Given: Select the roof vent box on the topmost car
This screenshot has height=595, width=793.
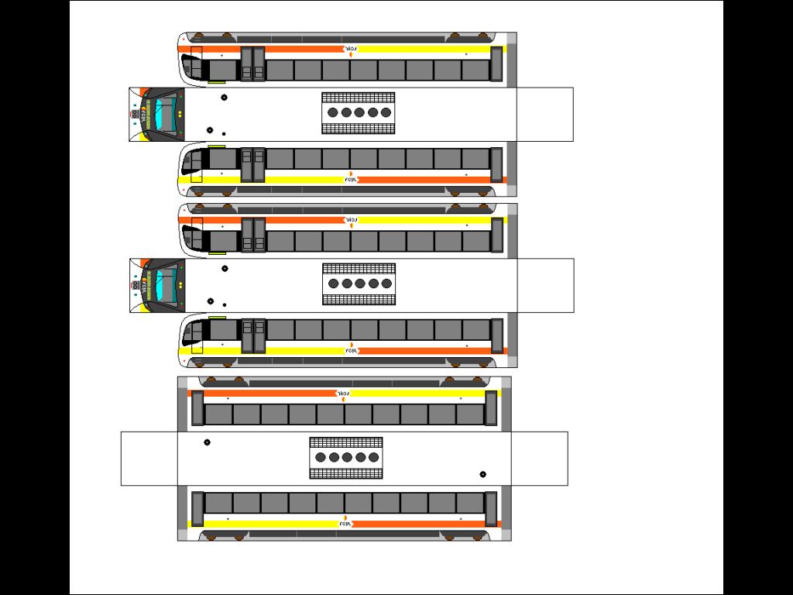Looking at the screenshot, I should coord(358,112).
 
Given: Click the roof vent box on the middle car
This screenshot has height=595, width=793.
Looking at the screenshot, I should coord(359,284).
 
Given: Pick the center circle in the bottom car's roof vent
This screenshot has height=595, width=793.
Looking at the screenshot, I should coord(347,457).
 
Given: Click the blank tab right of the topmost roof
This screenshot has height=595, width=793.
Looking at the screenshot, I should coord(545,115).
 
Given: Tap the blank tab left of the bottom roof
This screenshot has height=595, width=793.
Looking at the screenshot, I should coord(149,459).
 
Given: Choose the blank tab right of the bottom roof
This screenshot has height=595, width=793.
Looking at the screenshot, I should coord(539,459).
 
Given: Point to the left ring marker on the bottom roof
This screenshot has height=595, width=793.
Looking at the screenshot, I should coord(207,442).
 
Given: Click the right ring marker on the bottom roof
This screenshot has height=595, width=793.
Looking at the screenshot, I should coord(483,474).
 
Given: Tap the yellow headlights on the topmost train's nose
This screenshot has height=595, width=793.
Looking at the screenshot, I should coord(180,114).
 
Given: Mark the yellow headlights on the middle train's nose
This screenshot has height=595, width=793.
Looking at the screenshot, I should coord(180,285).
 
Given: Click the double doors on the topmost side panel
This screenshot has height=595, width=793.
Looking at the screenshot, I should coord(252,64).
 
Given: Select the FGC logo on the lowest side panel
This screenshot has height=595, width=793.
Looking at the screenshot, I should coord(346,524).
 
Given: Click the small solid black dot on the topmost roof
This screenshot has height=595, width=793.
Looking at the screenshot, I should coord(224,133).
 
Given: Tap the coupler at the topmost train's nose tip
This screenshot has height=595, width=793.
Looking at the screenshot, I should coord(135,115).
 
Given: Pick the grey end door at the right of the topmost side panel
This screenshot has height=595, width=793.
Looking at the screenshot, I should coord(496,64).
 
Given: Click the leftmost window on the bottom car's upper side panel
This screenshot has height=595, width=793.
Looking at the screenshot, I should coord(218,414).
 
